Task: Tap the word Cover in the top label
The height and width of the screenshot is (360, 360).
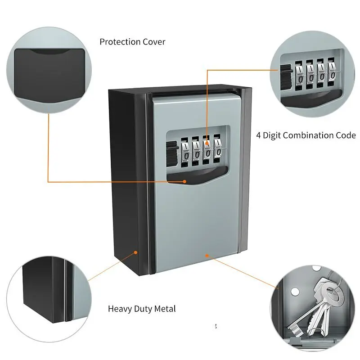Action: [154, 42]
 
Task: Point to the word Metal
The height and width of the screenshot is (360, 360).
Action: [165, 309]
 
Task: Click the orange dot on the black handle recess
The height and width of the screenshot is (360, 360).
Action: [184, 182]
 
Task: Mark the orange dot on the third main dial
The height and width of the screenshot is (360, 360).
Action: [207, 144]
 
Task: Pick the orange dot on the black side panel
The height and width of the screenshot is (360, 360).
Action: [136, 252]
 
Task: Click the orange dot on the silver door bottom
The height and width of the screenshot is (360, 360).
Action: [207, 256]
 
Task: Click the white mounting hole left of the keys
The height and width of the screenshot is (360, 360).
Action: [295, 292]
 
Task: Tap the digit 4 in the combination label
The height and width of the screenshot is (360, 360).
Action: [258, 135]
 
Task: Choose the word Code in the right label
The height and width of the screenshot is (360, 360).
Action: [346, 135]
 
